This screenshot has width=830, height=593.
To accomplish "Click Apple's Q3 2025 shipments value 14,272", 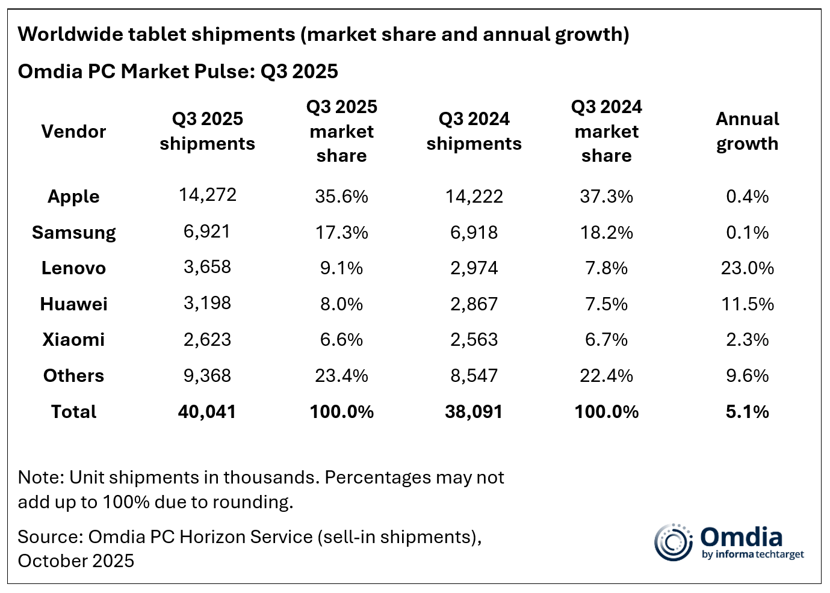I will coord(207,195).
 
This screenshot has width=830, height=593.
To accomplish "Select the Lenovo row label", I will coord(73,268).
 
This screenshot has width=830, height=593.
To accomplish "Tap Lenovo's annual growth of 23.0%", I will coord(747,268).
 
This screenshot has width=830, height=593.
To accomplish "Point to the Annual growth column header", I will coord(747,131).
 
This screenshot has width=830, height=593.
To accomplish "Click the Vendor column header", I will coord(73,131).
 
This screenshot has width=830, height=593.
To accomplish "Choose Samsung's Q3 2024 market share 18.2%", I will coord(606,232).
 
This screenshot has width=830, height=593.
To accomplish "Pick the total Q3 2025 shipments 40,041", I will coord(207,412).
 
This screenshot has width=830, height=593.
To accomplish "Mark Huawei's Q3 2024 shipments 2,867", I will coord(474,304).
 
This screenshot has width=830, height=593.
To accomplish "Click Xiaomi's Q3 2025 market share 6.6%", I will coord(341,340).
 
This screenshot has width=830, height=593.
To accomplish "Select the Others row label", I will coord(73,376).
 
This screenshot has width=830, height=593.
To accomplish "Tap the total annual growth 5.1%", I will coord(747,412).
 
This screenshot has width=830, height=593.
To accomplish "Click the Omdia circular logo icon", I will coord(674,542).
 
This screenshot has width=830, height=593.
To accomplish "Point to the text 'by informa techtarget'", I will coord(752,555).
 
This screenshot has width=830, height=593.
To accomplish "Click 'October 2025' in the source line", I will coord(76,561).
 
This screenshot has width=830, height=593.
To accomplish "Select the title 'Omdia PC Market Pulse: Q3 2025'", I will coord(178,72).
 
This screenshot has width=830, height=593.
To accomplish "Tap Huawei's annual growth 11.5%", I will coord(747,304).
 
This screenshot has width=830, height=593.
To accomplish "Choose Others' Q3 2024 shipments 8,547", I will coord(474,376).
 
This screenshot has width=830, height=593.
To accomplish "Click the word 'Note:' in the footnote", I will coord(41,478).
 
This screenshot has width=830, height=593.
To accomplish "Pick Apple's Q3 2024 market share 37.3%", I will coord(606,197).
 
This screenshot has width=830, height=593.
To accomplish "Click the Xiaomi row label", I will coord(73,340).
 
